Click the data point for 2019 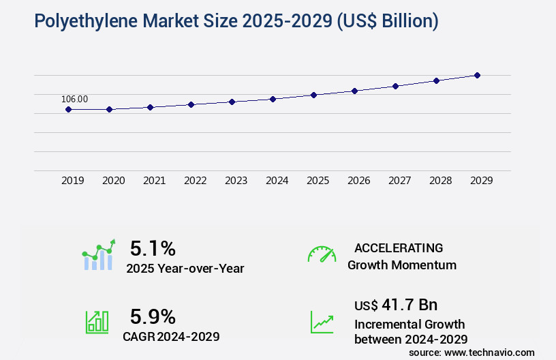pos(68,109)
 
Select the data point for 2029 pos(477,75)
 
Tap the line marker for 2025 pos(313,95)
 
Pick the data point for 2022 pos(191,104)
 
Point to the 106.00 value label pos(74,99)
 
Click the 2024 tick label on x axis pos(277,181)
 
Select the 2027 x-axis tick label pos(399,181)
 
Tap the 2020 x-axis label pos(113,181)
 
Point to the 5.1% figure pos(153,247)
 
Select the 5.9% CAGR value pos(153,316)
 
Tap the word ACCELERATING pos(399,247)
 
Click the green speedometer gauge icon pos(322,254)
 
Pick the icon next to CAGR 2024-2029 pos(97,322)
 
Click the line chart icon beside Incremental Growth pos(322,322)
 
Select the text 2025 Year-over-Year pos(185,268)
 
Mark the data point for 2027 pos(395,86)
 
